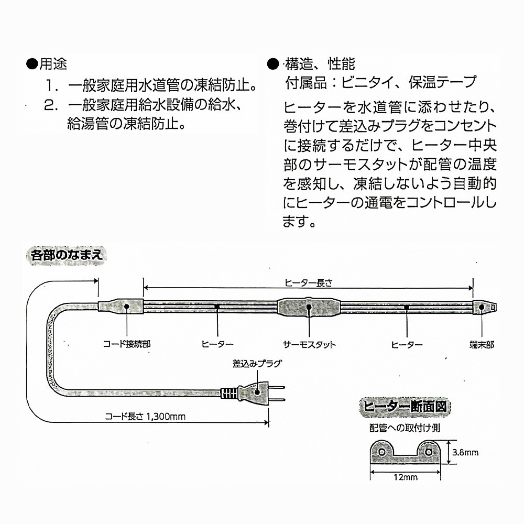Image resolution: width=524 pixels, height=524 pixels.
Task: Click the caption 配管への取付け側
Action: [403, 428]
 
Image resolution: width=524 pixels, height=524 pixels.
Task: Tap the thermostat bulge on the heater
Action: [309, 308]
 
